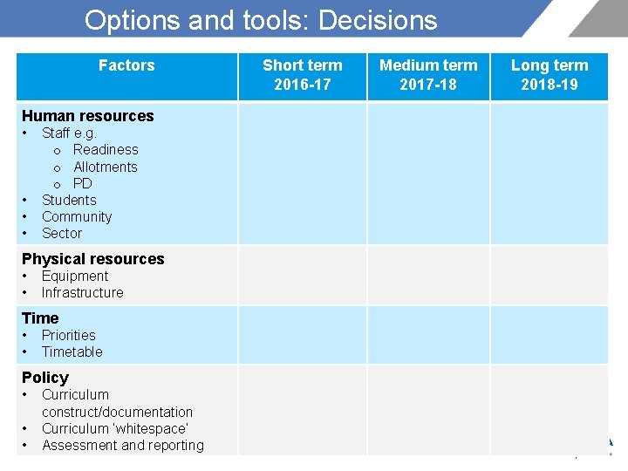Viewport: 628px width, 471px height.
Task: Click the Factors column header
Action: pyautogui.click(x=126, y=65)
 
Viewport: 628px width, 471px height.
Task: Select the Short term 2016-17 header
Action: pyautogui.click(x=303, y=75)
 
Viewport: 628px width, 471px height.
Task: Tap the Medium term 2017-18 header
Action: pyautogui.click(x=428, y=75)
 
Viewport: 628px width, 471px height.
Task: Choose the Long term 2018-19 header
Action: pyautogui.click(x=549, y=75)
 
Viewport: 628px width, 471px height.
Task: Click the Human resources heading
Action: pyautogui.click(x=87, y=116)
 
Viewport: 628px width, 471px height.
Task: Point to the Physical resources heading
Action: pyautogui.click(x=92, y=259)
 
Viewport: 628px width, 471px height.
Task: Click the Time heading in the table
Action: pyautogui.click(x=40, y=318)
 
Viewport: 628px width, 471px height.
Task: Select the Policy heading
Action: pyautogui.click(x=45, y=378)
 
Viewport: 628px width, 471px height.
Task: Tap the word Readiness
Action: pyautogui.click(x=106, y=150)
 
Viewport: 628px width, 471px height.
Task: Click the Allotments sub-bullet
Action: pyautogui.click(x=106, y=167)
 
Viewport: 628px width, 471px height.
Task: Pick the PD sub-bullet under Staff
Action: pyautogui.click(x=83, y=183)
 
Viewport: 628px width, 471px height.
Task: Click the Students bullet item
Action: pyautogui.click(x=69, y=200)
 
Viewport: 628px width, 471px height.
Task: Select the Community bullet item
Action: pyautogui.click(x=77, y=216)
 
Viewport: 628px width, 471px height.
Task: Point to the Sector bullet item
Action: pyautogui.click(x=62, y=233)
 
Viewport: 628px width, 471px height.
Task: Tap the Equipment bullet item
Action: pyautogui.click(x=75, y=276)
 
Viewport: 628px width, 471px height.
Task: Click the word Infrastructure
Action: pyautogui.click(x=82, y=292)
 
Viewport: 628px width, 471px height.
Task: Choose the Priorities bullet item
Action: pyautogui.click(x=69, y=335)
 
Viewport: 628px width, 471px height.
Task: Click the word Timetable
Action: pyautogui.click(x=72, y=352)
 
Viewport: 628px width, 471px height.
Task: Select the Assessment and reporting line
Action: pyautogui.click(x=123, y=446)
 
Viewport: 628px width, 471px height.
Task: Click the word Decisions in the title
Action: pyautogui.click(x=379, y=20)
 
